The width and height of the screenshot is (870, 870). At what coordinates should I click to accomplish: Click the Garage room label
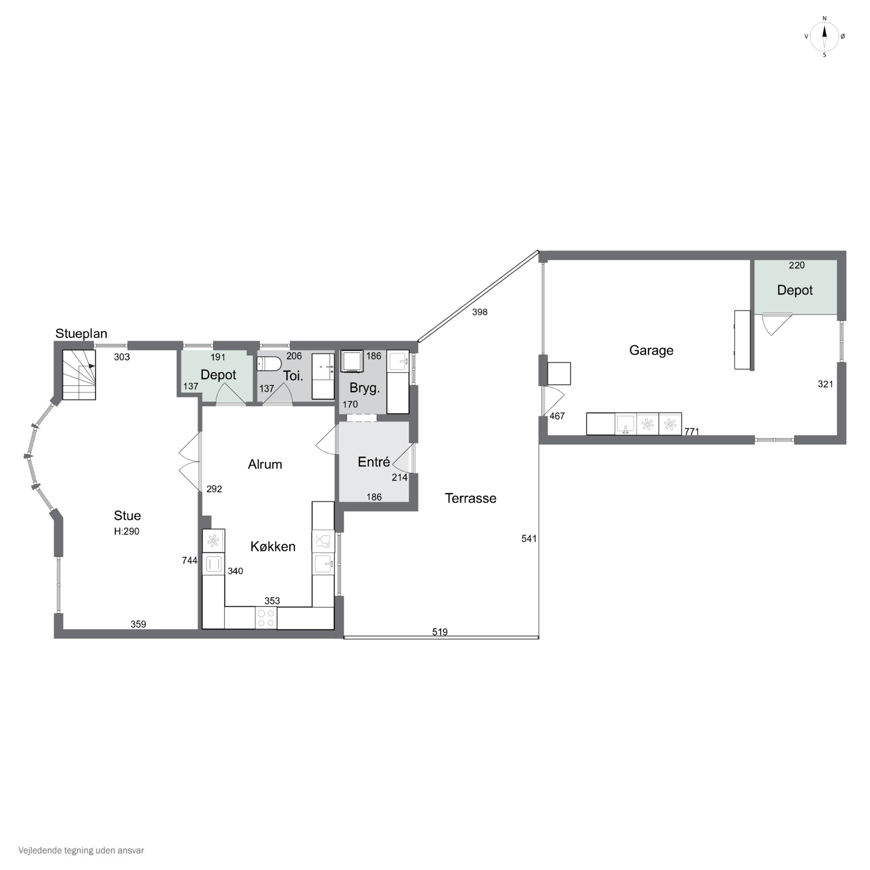click(651, 350)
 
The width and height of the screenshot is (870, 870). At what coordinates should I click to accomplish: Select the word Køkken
click(273, 546)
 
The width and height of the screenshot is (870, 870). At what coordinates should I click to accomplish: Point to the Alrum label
click(265, 464)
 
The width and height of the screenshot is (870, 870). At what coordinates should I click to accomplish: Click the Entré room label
click(374, 462)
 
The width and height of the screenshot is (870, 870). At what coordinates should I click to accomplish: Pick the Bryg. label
click(365, 388)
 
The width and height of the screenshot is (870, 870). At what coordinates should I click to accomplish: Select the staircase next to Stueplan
click(79, 375)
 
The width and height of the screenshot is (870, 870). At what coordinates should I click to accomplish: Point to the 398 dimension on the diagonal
click(480, 312)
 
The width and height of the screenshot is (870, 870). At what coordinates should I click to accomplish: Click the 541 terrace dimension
click(529, 538)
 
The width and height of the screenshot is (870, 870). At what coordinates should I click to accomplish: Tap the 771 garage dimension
click(692, 432)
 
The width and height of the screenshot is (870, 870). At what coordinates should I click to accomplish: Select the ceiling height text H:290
click(126, 531)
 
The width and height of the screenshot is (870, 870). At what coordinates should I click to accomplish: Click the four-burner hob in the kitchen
click(266, 618)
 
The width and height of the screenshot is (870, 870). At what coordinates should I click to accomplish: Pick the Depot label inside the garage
click(795, 291)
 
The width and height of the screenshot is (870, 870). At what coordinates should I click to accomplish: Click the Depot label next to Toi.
click(218, 375)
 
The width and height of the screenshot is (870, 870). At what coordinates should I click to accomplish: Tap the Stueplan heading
click(81, 334)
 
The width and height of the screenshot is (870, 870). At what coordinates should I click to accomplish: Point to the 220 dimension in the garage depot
click(797, 265)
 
